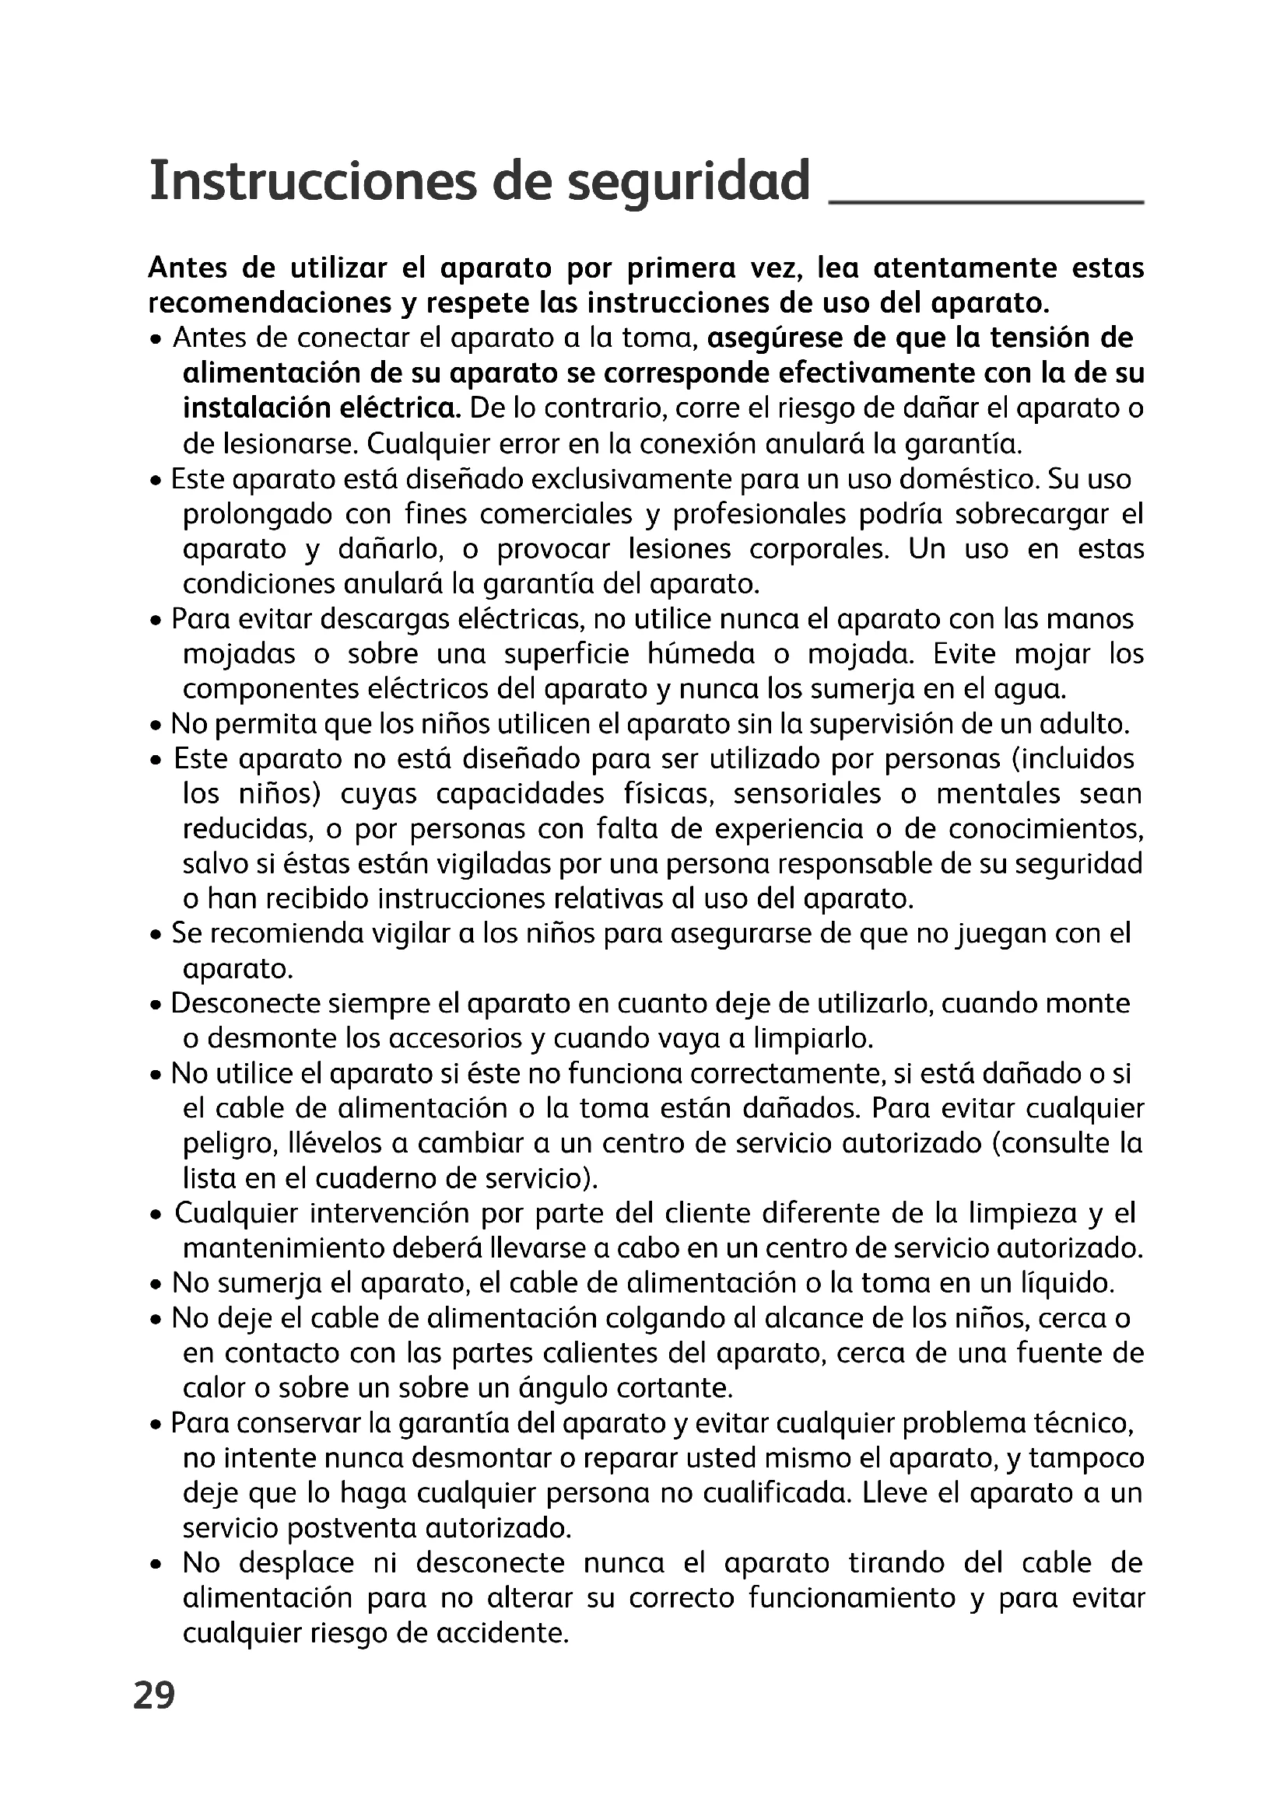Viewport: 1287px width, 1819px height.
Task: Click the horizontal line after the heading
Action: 985,204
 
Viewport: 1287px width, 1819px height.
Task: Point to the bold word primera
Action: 679,268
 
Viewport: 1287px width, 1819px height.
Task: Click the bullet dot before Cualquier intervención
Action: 157,1216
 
